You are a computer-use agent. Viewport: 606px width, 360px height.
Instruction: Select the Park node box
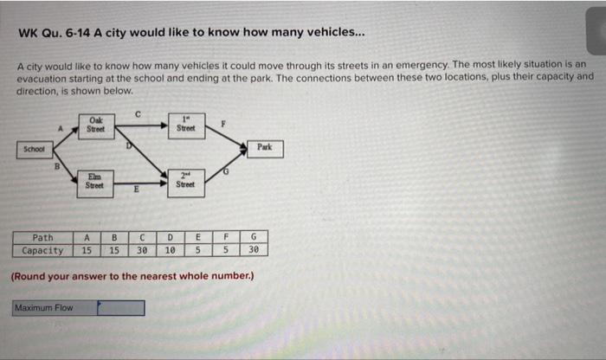[264, 147]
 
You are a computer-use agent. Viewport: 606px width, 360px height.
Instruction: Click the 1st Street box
[185, 125]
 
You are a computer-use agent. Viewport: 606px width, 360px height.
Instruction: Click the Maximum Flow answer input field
[120, 307]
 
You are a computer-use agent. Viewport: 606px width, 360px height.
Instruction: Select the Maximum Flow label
[54, 307]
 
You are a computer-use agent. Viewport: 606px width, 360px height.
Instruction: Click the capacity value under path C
[141, 251]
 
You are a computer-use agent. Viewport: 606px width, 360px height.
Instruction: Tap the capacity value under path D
[170, 251]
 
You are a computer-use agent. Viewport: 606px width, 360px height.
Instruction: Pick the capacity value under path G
[254, 251]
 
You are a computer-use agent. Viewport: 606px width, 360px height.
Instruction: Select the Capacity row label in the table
[42, 251]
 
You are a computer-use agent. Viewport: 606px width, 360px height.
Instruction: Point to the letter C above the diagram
[139, 111]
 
